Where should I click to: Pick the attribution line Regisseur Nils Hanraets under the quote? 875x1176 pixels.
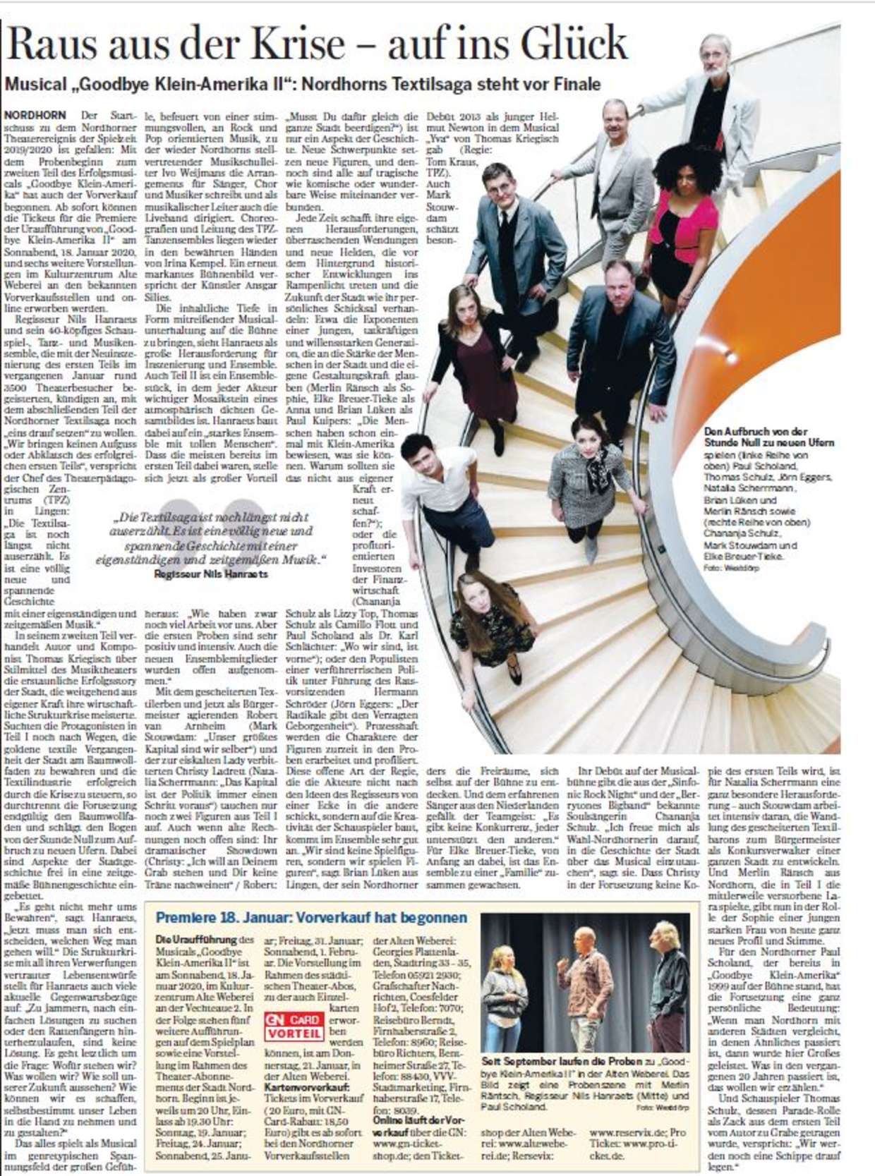point(210,574)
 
